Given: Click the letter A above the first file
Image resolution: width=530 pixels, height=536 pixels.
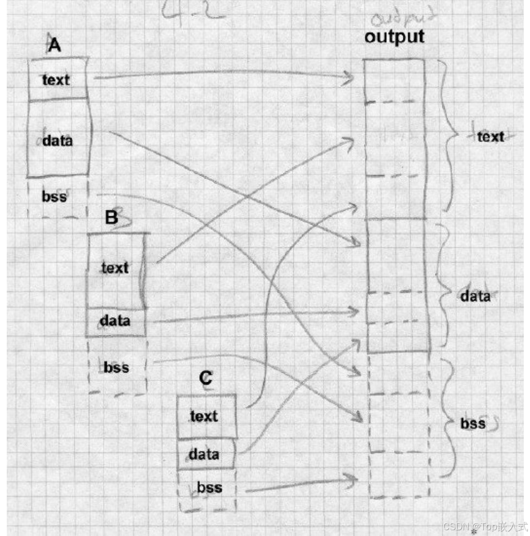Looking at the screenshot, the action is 54,46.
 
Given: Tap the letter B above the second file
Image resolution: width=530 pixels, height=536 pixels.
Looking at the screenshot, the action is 112,217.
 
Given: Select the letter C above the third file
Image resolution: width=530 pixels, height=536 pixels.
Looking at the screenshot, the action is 206,378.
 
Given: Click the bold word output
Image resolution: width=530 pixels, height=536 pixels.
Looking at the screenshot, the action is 394,36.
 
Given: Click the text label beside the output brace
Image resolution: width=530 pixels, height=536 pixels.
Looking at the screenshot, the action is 490,137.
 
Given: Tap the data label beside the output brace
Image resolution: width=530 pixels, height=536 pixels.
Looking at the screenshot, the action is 475,296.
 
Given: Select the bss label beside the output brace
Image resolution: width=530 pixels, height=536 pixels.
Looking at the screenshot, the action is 473,424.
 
